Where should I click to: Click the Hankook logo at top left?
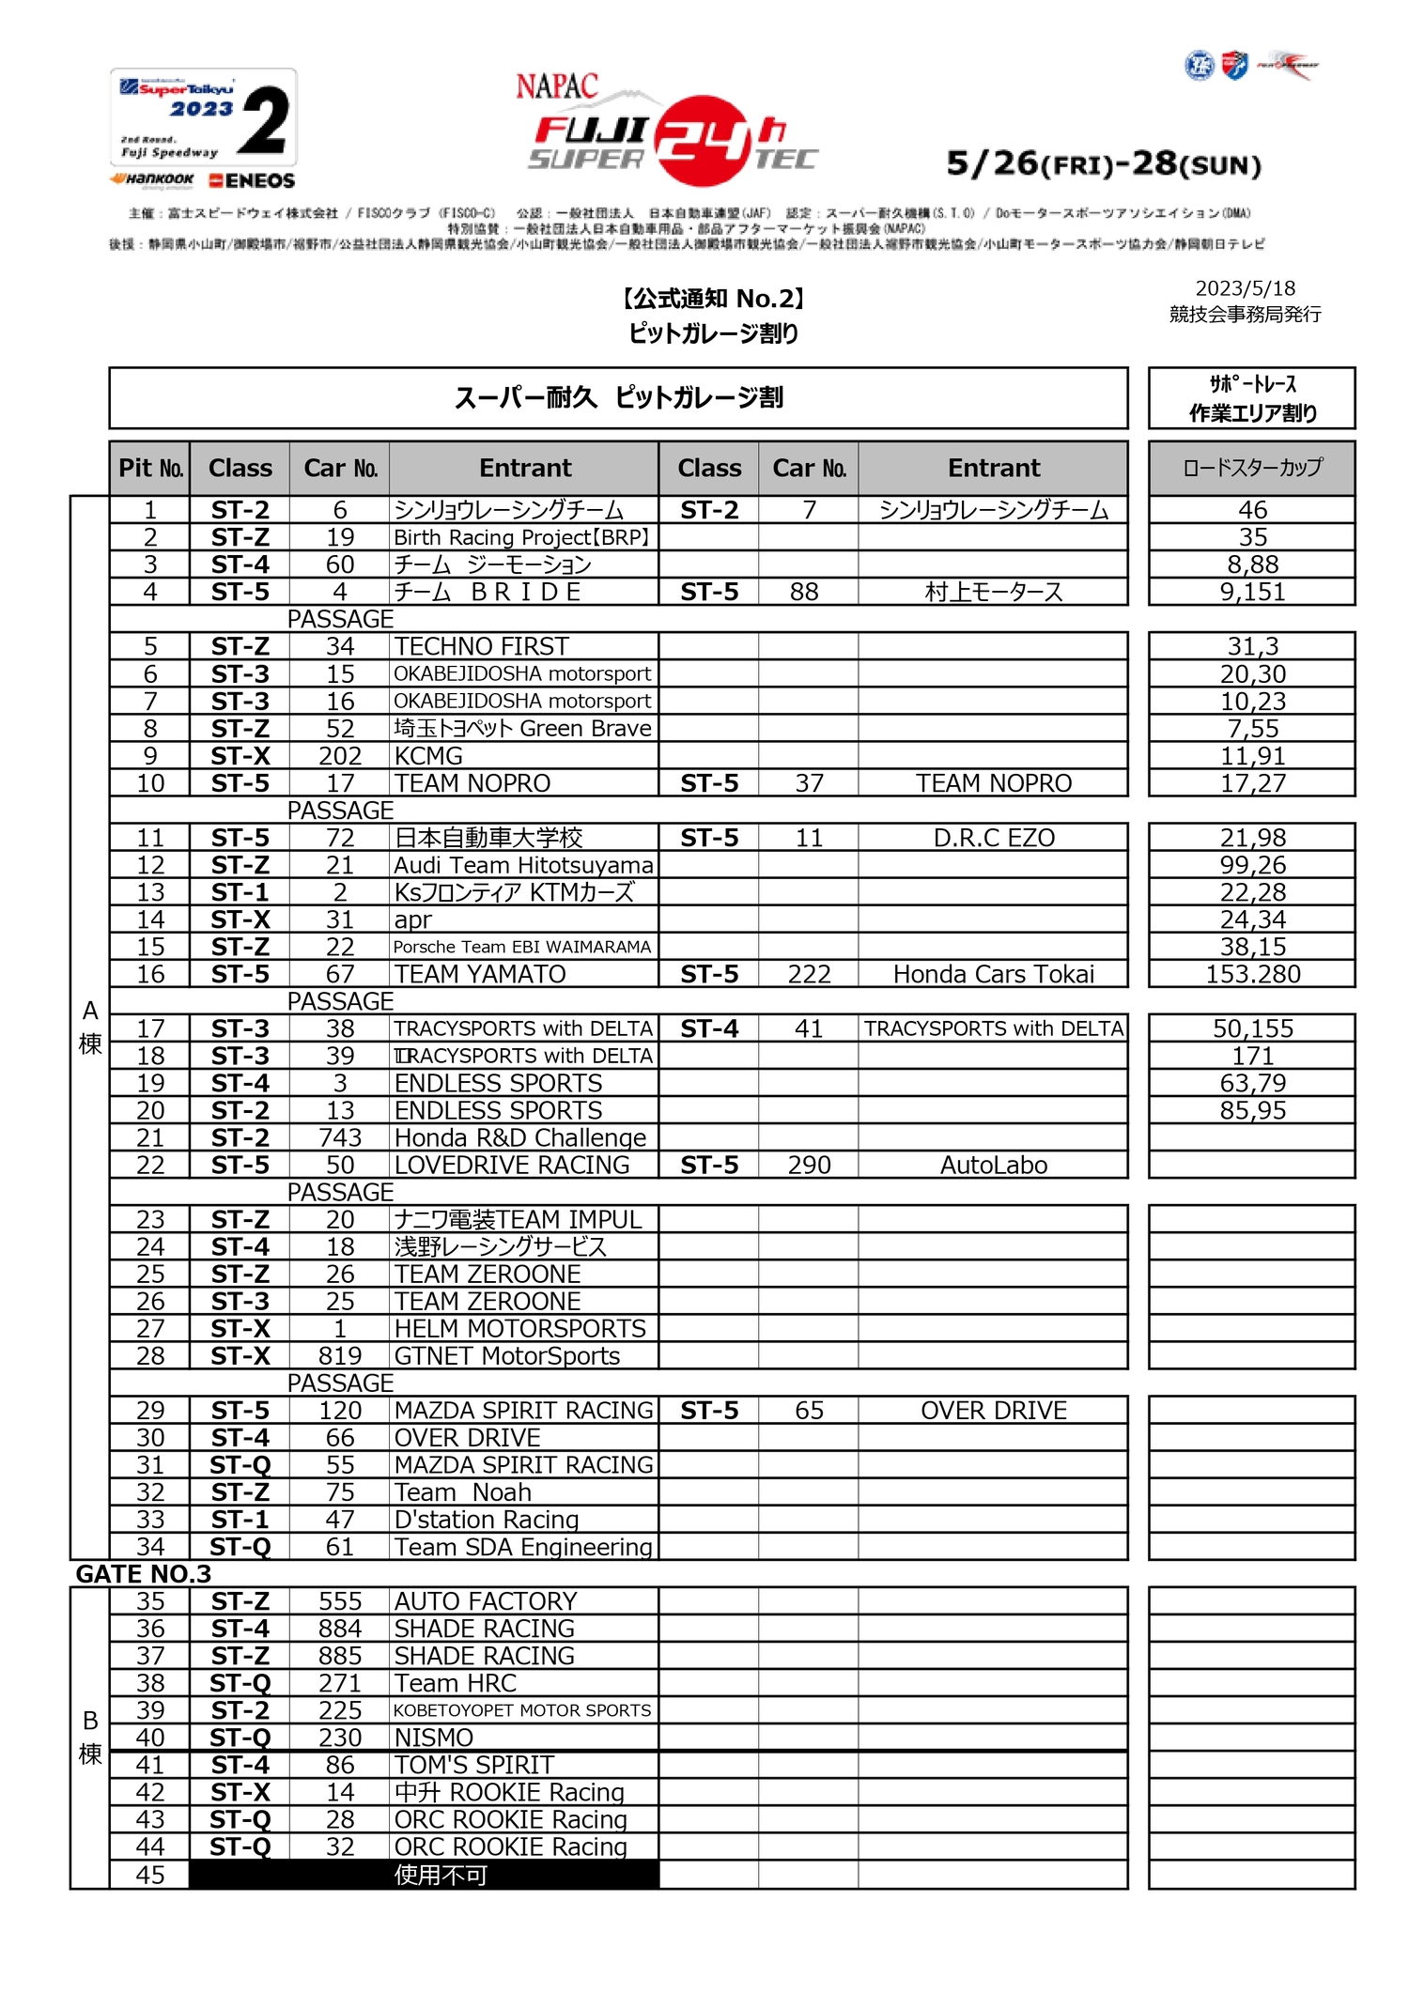(x=152, y=179)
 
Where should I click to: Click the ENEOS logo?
(x=252, y=180)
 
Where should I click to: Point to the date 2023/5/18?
(x=1245, y=288)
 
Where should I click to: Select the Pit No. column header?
(x=150, y=468)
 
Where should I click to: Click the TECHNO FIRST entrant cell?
(x=482, y=646)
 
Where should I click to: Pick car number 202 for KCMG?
(x=339, y=756)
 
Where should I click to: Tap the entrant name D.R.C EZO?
(x=994, y=838)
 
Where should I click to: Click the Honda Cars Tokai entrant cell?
(x=994, y=974)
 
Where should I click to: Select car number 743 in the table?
(x=339, y=1137)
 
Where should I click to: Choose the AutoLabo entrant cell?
(x=994, y=1165)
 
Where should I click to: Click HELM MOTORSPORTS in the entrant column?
(x=520, y=1328)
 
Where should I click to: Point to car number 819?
(x=339, y=1355)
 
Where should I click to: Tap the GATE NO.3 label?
(x=144, y=1574)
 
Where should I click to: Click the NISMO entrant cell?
(x=434, y=1738)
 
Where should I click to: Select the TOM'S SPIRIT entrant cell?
(x=474, y=1765)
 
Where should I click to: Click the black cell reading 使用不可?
(x=441, y=1875)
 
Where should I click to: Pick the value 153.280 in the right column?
(x=1252, y=974)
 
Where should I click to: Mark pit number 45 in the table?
(x=150, y=1875)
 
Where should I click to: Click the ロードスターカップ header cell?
(x=1252, y=468)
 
